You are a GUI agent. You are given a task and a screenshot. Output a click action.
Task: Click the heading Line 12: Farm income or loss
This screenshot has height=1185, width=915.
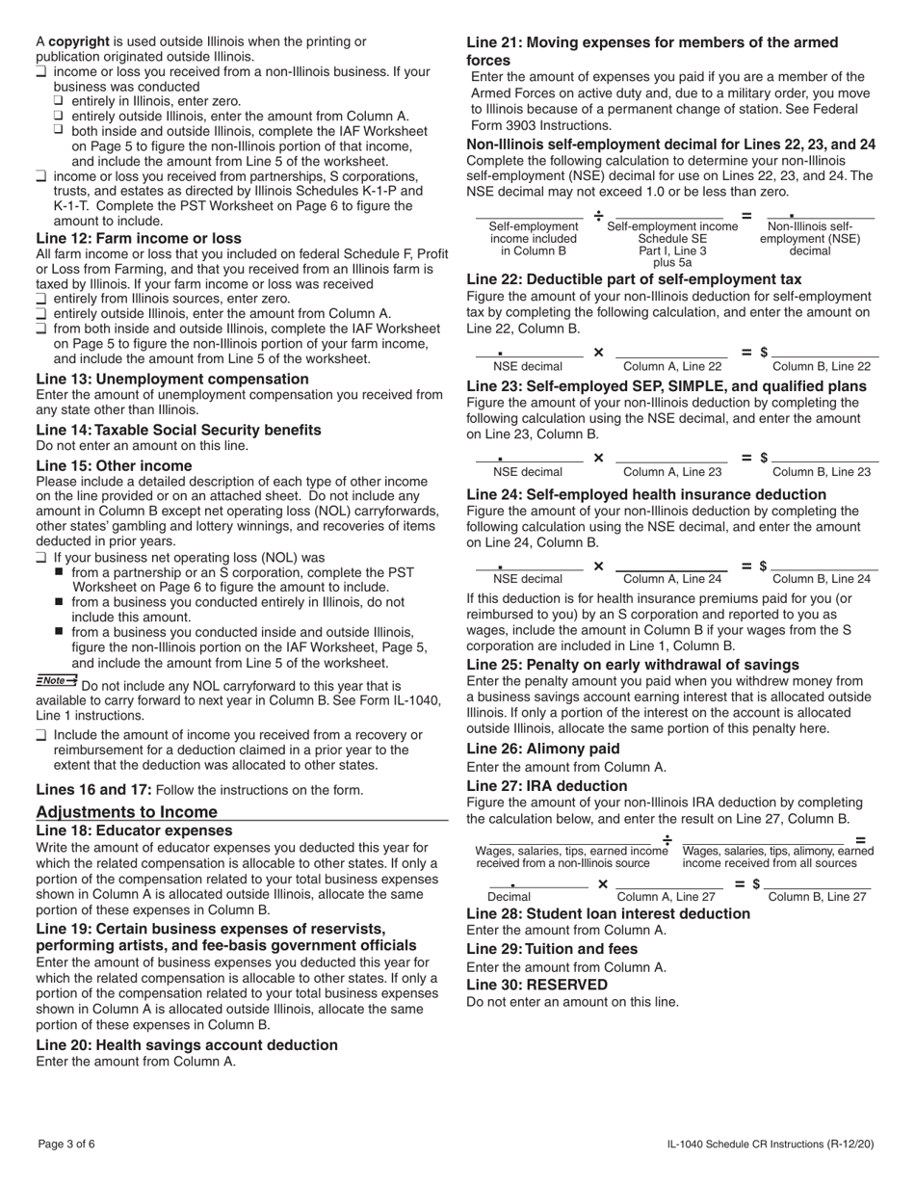139,238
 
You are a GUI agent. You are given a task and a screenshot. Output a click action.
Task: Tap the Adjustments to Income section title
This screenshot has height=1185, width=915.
127,812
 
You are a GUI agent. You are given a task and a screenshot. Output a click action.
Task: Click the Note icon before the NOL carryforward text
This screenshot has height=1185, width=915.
57,680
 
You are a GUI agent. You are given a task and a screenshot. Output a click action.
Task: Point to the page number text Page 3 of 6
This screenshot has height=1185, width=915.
66,1145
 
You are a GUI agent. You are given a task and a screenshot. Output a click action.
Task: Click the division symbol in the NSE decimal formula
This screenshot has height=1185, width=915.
598,215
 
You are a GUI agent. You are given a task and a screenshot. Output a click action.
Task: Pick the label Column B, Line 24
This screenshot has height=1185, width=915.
822,579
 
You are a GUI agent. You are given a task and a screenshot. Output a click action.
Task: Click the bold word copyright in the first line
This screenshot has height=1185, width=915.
79,41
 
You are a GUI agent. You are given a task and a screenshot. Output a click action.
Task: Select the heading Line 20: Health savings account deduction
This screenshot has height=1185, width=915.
187,1045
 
